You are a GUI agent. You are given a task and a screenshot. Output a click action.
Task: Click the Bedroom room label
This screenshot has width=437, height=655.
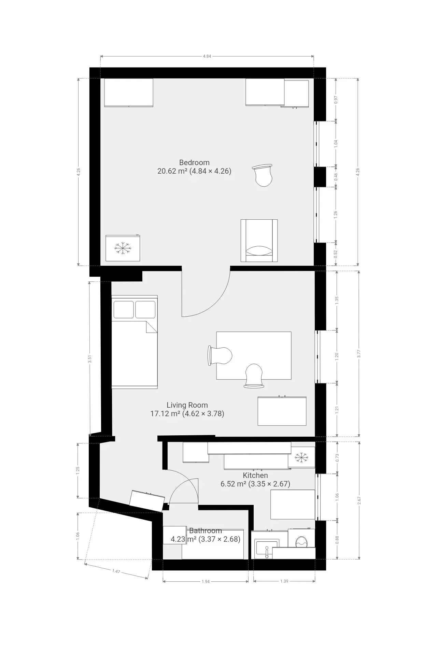point(194,162)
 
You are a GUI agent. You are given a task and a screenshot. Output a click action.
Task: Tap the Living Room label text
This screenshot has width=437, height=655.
point(187,405)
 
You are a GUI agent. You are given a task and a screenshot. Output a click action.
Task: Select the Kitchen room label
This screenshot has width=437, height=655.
point(255,475)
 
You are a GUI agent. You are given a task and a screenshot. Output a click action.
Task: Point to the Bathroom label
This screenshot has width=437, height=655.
point(206,530)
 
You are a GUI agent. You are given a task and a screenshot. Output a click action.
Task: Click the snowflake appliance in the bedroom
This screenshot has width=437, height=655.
point(123,248)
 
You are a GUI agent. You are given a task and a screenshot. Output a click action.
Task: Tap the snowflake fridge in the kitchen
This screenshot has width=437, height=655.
point(301,457)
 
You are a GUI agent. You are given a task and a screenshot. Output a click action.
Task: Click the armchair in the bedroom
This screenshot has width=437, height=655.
point(259,241)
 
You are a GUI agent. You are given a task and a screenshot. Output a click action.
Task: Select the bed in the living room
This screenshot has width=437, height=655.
point(135,342)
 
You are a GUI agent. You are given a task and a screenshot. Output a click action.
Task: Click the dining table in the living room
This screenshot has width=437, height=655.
point(254,355)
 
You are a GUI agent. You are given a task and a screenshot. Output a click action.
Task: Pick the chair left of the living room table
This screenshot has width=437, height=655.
point(220,356)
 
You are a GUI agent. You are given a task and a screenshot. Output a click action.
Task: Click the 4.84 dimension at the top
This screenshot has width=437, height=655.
point(207,56)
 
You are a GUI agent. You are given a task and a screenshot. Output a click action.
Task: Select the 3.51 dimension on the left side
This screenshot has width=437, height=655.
point(90,359)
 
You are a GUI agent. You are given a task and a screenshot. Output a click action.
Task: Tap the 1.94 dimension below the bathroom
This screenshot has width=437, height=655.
point(206,582)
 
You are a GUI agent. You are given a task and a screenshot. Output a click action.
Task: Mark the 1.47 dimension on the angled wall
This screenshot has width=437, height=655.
point(116,571)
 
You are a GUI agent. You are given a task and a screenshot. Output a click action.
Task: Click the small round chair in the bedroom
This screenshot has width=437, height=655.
point(263,175)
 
